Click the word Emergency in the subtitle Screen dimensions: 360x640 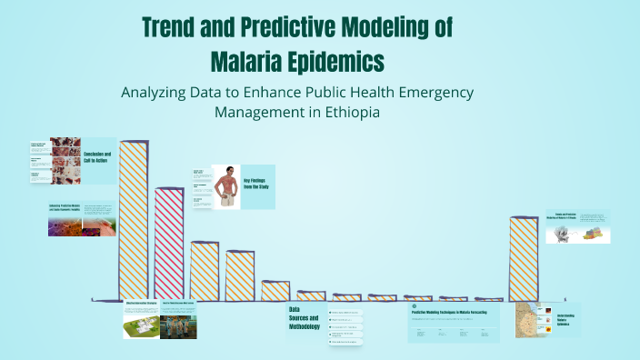(426, 93)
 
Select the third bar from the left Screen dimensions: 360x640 (205, 270)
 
